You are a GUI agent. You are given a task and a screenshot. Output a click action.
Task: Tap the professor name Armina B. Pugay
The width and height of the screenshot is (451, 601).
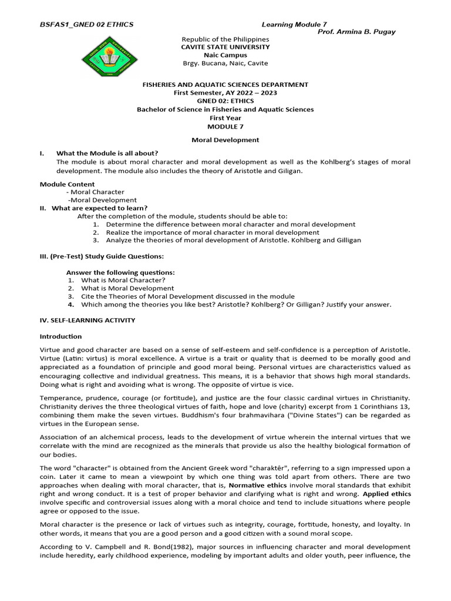coord(356,32)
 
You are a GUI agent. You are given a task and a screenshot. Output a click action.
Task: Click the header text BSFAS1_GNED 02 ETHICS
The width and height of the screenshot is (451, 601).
coord(86,24)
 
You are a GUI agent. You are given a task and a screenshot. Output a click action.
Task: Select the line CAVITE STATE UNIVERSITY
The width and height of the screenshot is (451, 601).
coord(225,47)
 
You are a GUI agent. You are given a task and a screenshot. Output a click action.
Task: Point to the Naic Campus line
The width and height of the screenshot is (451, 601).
coord(225,55)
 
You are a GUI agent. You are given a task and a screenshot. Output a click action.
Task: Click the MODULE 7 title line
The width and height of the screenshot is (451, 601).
coord(225,126)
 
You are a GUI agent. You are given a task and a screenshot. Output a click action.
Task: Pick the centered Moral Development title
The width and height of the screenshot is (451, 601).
coord(225,140)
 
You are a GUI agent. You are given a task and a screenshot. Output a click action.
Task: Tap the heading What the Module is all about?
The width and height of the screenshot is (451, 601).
coord(107,153)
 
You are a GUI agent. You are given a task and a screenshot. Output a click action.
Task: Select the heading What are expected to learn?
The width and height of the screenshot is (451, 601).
coord(100,208)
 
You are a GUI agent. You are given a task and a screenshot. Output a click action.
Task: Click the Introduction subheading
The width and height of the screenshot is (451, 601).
coord(60,336)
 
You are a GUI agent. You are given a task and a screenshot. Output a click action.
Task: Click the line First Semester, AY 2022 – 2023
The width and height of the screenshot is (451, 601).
coord(225,93)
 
